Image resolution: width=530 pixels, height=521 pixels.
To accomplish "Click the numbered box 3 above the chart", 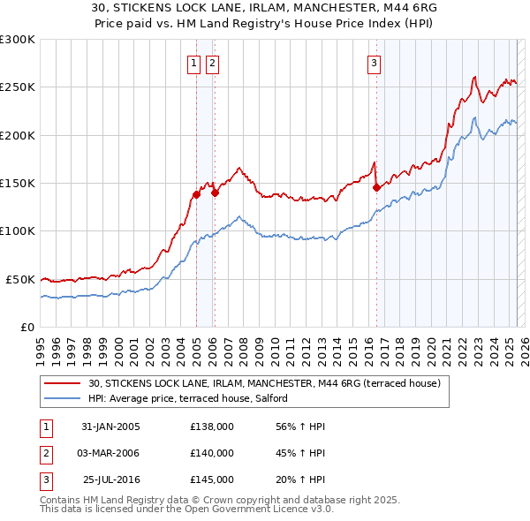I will (374, 63).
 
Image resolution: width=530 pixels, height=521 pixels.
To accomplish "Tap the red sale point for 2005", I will (196, 194).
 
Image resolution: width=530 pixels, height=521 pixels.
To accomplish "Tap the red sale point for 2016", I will (376, 187).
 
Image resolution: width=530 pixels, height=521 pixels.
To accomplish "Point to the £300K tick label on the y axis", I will (18, 40).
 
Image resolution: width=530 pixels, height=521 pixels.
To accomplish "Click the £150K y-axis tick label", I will (18, 183).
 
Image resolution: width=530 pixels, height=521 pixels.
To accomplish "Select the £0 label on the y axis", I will (26, 327).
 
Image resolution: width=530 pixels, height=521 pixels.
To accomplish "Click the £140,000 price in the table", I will (212, 453).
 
